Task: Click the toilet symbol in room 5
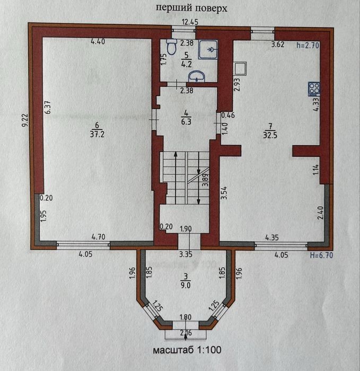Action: (x=171, y=47)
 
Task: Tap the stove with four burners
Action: (x=314, y=89)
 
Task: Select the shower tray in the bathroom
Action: (x=208, y=49)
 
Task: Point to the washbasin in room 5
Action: (x=197, y=76)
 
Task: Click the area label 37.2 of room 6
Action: (x=97, y=135)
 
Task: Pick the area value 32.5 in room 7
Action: (x=270, y=135)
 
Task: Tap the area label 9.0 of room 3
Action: (x=186, y=285)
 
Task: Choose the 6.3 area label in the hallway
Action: (x=186, y=121)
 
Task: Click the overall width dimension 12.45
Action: (x=190, y=22)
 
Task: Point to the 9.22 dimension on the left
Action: (x=25, y=120)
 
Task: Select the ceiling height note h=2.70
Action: (x=308, y=45)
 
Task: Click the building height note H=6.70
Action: (x=321, y=255)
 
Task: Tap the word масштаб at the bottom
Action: (x=173, y=350)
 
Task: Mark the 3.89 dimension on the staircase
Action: (x=205, y=180)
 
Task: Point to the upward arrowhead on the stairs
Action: (x=175, y=154)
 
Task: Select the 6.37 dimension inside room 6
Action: (x=48, y=108)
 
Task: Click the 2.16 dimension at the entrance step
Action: (x=186, y=333)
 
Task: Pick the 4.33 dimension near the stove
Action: (x=316, y=104)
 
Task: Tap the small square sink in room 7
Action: (x=240, y=68)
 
